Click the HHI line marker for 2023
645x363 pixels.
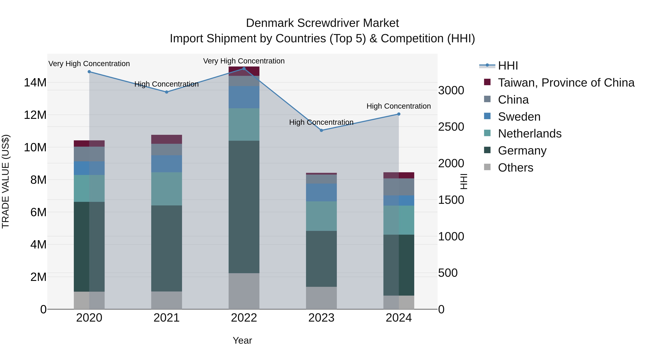[x=321, y=130]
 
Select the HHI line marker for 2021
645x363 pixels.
[x=166, y=92]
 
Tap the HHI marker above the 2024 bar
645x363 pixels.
[x=399, y=114]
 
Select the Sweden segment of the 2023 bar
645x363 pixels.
[x=321, y=192]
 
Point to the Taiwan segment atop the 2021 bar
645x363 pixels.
[x=166, y=139]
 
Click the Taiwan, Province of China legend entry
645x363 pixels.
[x=566, y=83]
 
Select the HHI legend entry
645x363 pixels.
[x=508, y=66]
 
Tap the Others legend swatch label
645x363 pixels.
[x=515, y=168]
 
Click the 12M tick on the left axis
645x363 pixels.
[x=35, y=115]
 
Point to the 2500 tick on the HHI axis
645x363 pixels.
[x=451, y=127]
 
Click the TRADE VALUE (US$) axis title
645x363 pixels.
[x=6, y=181]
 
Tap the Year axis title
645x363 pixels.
[x=242, y=340]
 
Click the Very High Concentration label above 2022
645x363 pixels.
[x=244, y=61]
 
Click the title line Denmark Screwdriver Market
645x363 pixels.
[x=322, y=23]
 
